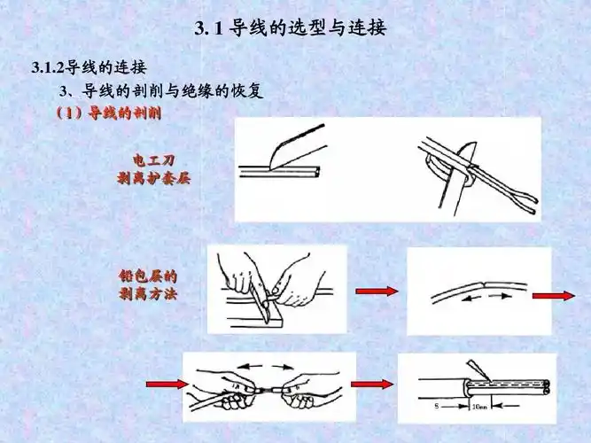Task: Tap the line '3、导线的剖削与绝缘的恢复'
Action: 160,91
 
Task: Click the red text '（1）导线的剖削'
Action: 107,114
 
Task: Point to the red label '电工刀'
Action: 153,160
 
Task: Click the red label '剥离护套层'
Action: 153,178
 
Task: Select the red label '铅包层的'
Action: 147,276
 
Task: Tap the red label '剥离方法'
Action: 147,293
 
